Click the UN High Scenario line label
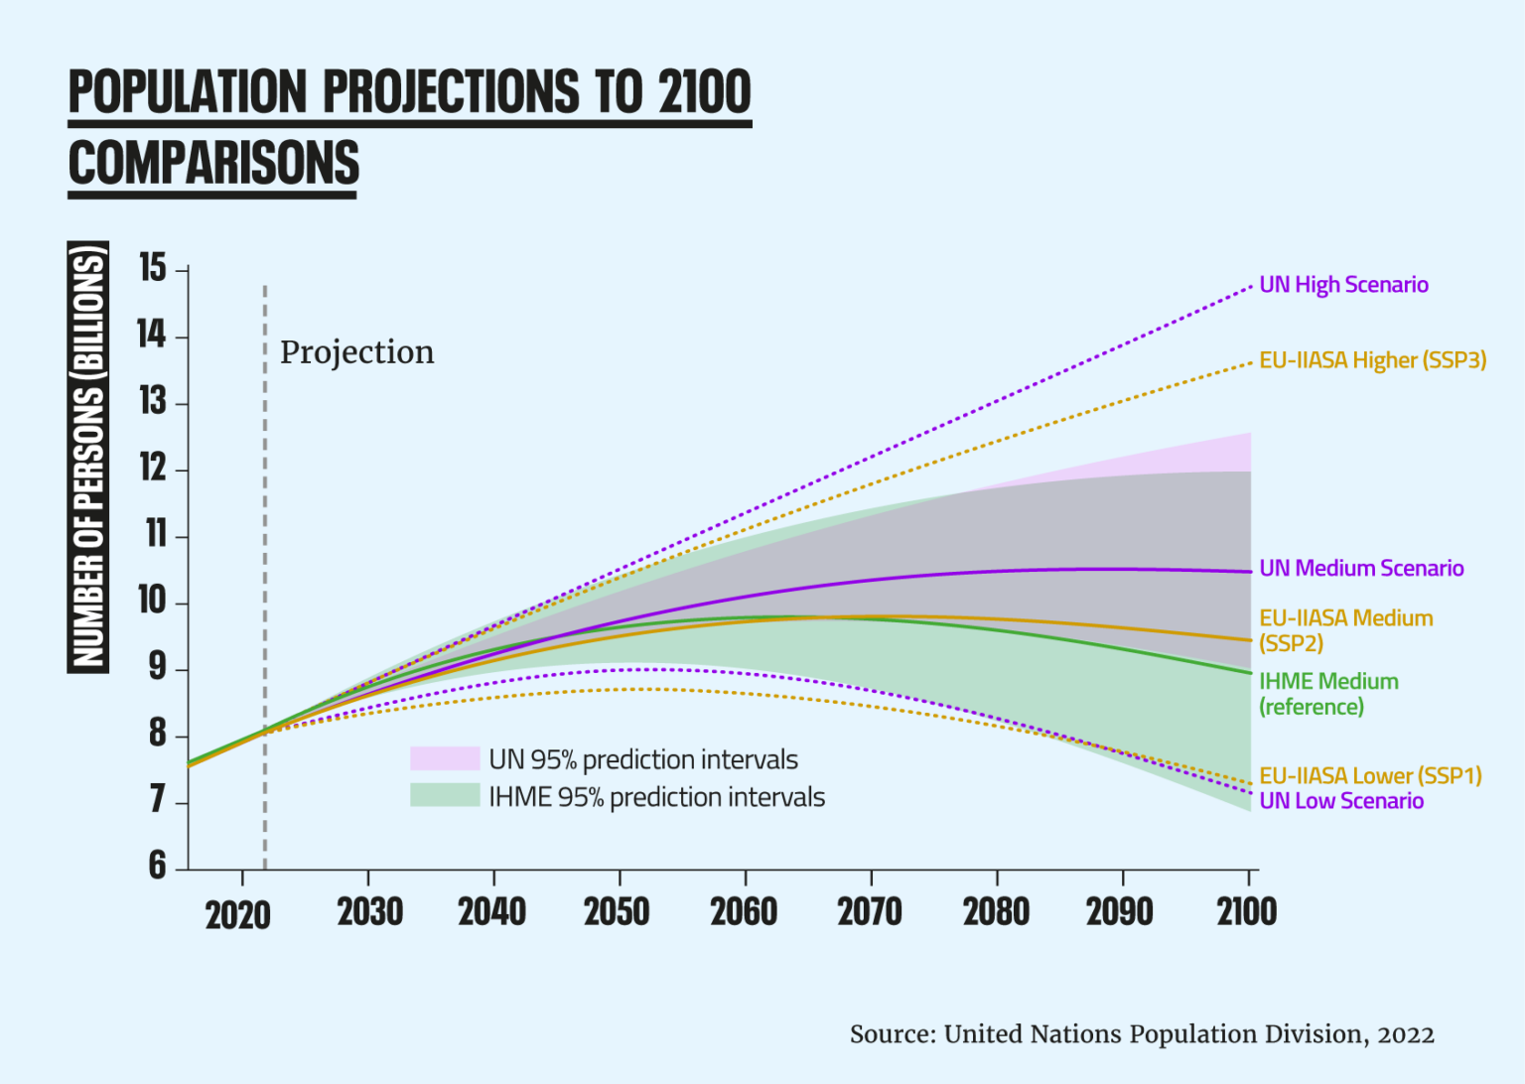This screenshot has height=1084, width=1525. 1343,285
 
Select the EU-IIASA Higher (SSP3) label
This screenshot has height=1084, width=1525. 1372,360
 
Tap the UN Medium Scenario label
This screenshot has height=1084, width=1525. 1361,568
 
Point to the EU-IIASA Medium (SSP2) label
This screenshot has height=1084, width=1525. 1345,630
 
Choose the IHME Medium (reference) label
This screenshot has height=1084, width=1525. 1328,694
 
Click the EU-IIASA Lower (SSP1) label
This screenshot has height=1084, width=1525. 1370,775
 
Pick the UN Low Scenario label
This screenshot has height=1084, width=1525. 1341,801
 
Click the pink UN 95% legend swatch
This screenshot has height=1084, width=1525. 445,759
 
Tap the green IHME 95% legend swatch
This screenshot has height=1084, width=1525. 445,796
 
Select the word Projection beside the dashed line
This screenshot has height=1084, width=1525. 356,352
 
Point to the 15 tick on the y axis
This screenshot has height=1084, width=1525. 153,268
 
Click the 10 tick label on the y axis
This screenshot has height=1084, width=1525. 152,601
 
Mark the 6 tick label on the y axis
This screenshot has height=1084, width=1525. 157,866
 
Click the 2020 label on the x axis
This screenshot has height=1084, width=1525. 238,914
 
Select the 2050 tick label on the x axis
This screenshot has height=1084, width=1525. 617,911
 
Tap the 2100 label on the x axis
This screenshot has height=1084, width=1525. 1247,911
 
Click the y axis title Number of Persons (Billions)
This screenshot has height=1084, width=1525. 88,458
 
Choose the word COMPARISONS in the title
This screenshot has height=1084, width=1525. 213,164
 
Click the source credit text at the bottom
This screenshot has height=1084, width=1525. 1142,1034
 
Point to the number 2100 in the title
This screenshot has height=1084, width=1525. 705,92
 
